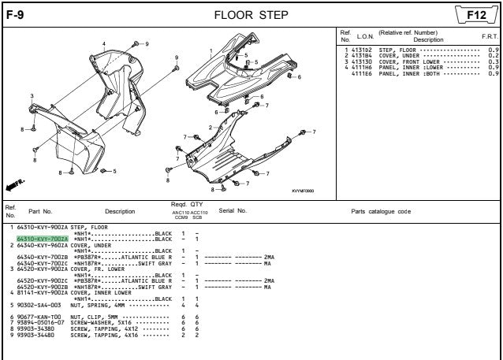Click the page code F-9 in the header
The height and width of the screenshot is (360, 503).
click(x=14, y=13)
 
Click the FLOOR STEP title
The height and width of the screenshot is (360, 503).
click(x=251, y=14)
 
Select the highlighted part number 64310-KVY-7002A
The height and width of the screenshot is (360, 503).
click(x=43, y=239)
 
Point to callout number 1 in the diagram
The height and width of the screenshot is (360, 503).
click(x=211, y=50)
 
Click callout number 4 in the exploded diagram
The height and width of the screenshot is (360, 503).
click(x=103, y=43)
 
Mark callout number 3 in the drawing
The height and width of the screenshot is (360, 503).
click(x=32, y=96)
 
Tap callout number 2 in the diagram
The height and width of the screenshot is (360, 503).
click(x=211, y=127)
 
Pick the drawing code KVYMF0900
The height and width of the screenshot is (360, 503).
click(x=302, y=190)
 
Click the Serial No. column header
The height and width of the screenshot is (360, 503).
click(x=233, y=210)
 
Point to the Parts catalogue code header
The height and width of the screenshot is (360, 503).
click(x=381, y=210)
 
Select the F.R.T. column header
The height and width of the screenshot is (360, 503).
click(x=489, y=37)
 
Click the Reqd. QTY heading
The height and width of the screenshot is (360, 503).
click(x=187, y=204)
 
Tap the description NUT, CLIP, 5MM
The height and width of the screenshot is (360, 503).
click(x=98, y=317)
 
